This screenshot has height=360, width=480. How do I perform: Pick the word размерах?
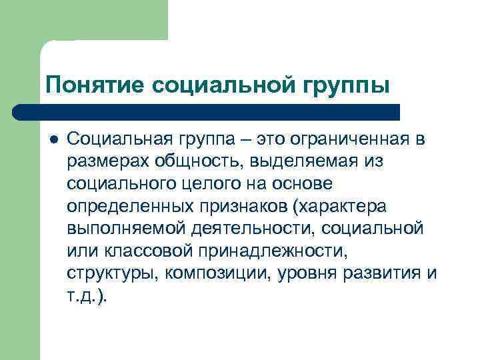click(109, 161)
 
